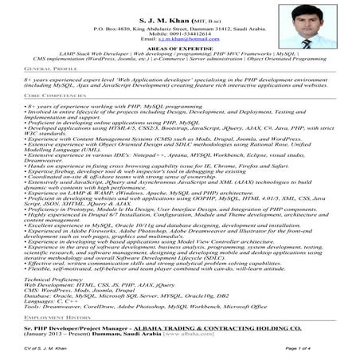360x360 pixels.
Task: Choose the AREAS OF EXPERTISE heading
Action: (x=179, y=49)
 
